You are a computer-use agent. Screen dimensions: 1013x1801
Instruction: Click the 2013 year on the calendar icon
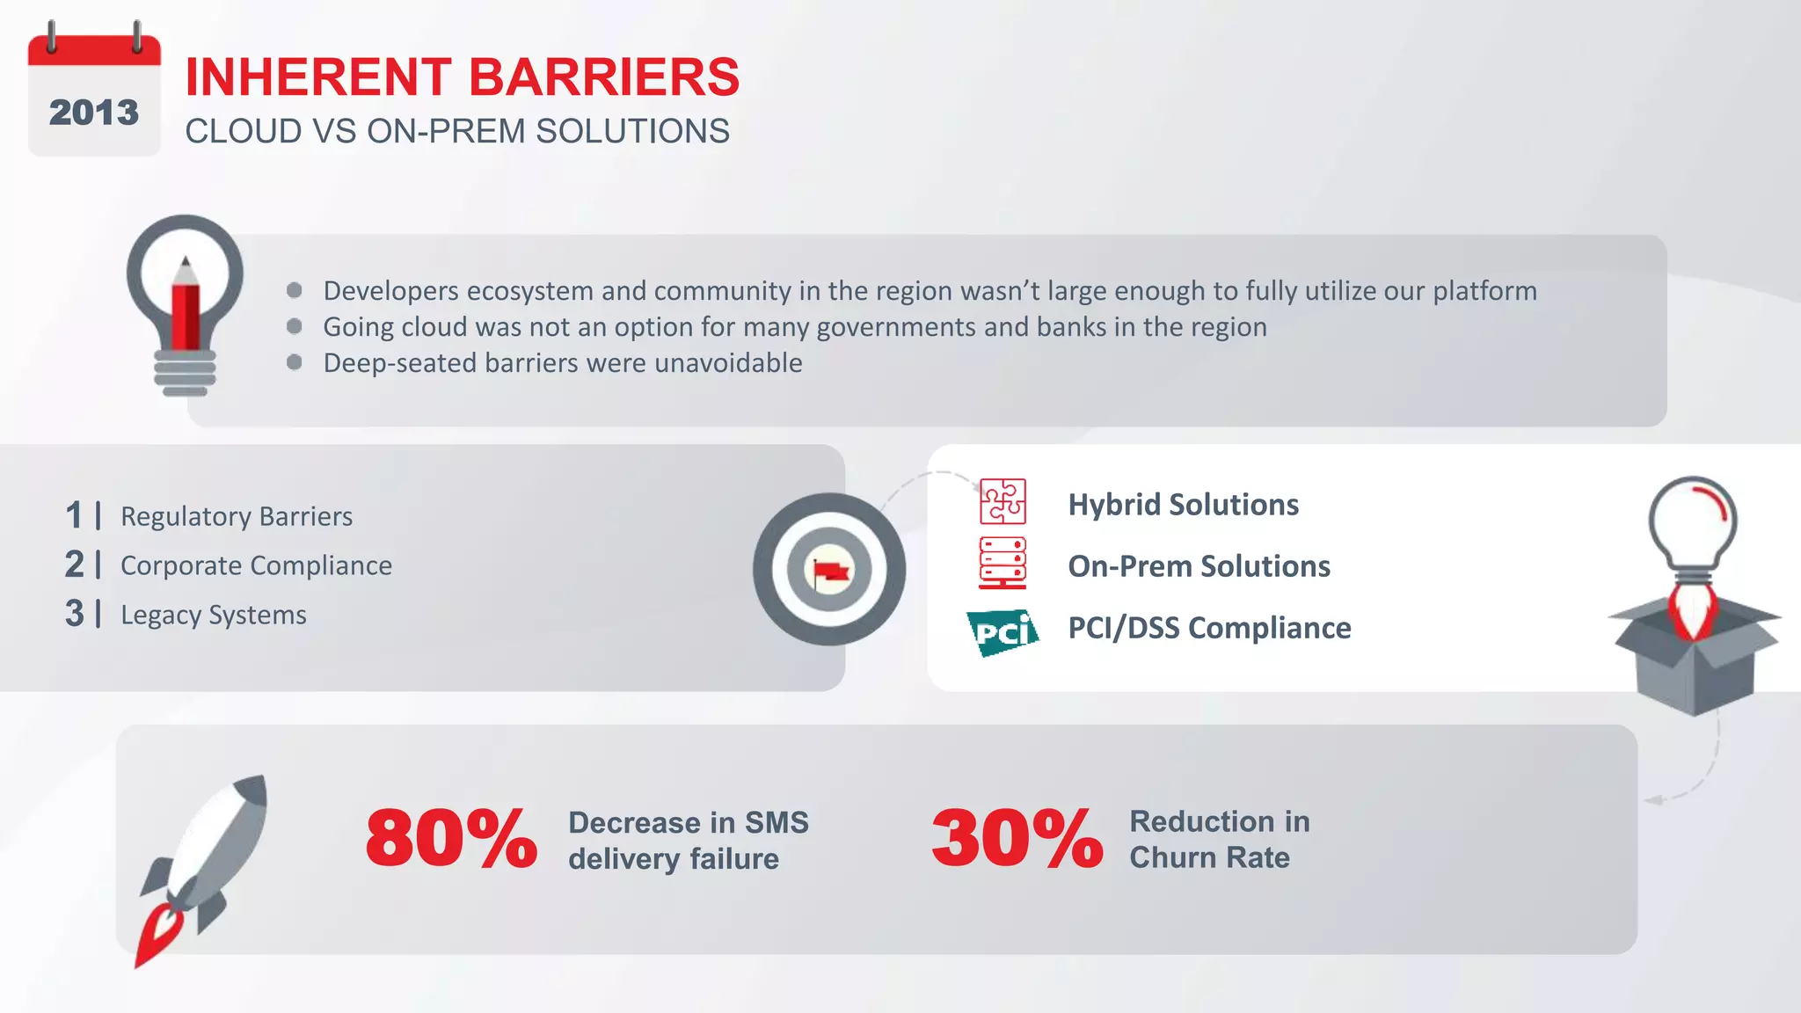(x=93, y=113)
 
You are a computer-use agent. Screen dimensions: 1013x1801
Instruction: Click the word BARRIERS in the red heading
(x=604, y=77)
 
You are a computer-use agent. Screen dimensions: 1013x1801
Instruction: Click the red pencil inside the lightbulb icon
(x=186, y=303)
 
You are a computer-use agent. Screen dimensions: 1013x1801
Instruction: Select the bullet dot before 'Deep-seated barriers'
(x=295, y=362)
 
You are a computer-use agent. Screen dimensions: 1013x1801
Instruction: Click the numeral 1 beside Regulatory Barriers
(x=74, y=515)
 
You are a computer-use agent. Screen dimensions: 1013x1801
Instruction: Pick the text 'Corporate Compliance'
(x=256, y=565)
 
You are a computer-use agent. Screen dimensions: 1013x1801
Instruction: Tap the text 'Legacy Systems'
(x=214, y=615)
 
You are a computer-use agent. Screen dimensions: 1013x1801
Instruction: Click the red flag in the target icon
(x=830, y=572)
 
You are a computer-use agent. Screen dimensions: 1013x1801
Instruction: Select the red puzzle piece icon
(x=1003, y=501)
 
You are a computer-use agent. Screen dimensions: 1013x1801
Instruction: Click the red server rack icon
(x=1003, y=563)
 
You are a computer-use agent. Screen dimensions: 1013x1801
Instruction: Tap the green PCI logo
(x=1003, y=631)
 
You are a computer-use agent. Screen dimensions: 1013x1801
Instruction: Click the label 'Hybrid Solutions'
(x=1183, y=505)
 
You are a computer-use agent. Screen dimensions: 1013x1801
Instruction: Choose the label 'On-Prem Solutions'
(x=1199, y=566)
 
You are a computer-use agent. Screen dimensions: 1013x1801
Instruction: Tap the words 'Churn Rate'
(x=1209, y=857)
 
